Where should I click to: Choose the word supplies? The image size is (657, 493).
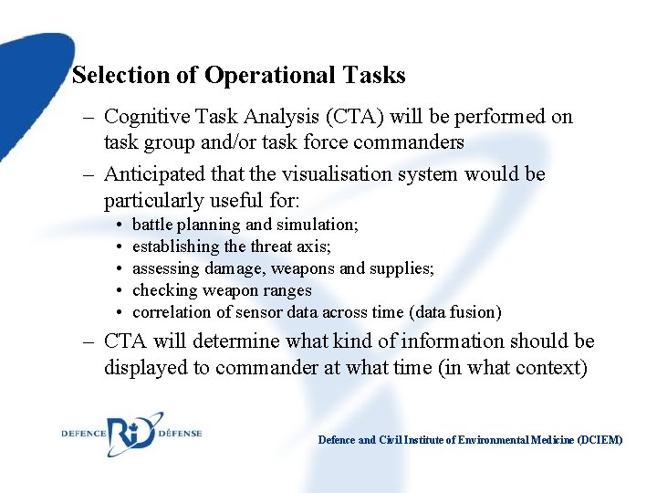pos(402,268)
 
